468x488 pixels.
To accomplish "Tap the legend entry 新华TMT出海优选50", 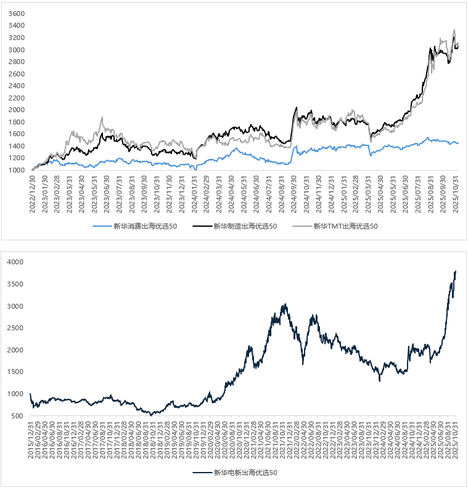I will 346,226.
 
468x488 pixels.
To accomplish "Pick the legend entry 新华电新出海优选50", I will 246,473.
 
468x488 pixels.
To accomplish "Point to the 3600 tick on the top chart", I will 17,14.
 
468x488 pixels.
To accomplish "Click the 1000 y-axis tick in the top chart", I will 17,170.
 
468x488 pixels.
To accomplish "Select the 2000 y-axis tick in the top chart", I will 17,110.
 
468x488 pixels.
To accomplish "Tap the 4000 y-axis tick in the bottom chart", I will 15,262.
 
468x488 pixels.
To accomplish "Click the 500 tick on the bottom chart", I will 17,416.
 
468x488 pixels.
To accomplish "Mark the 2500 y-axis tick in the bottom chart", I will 15,328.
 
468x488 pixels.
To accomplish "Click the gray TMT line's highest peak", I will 454,29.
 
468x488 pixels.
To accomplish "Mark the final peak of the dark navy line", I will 456,271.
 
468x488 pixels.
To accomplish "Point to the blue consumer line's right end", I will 458,143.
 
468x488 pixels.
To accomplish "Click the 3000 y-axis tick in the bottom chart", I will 15,306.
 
